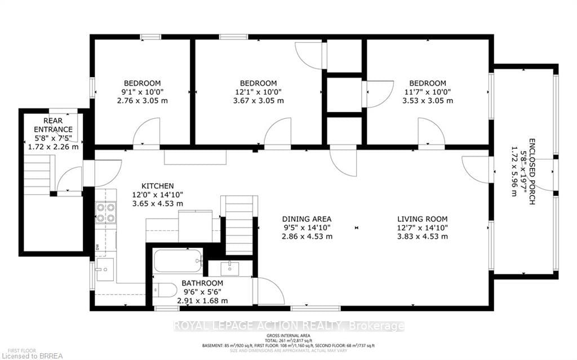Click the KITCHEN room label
(x=157, y=186)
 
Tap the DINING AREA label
(x=307, y=219)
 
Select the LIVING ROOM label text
(x=423, y=219)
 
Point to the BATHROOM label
(x=202, y=283)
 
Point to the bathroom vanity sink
(x=230, y=268)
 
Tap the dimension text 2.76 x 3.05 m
(x=143, y=101)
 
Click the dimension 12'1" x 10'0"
(x=258, y=92)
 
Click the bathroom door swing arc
(x=270, y=292)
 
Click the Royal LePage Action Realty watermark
(x=288, y=326)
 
